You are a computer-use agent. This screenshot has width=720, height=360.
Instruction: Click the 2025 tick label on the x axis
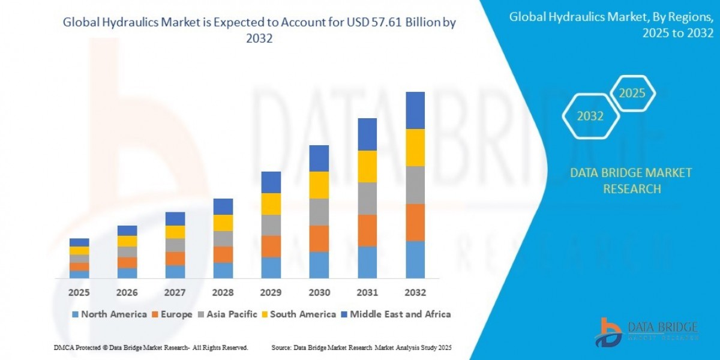(79, 292)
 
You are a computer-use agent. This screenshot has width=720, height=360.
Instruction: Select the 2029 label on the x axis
(271, 292)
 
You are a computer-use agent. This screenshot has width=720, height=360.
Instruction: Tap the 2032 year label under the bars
(415, 292)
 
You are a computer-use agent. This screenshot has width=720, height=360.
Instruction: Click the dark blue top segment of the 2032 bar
(415, 110)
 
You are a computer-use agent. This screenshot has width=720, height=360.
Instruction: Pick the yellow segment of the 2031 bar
(367, 166)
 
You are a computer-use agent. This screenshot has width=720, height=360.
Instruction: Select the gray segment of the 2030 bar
(319, 212)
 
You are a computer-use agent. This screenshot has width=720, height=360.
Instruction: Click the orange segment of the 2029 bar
(271, 246)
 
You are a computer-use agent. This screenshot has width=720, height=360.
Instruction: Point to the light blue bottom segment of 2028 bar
(223, 271)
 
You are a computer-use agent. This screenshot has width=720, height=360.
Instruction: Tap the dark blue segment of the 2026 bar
(127, 230)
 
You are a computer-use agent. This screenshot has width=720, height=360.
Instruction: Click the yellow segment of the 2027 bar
(175, 232)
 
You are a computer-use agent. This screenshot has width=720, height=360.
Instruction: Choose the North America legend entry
(109, 314)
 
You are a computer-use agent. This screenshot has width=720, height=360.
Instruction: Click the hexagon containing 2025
(632, 94)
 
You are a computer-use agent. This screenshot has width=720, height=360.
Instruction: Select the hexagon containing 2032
(590, 116)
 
